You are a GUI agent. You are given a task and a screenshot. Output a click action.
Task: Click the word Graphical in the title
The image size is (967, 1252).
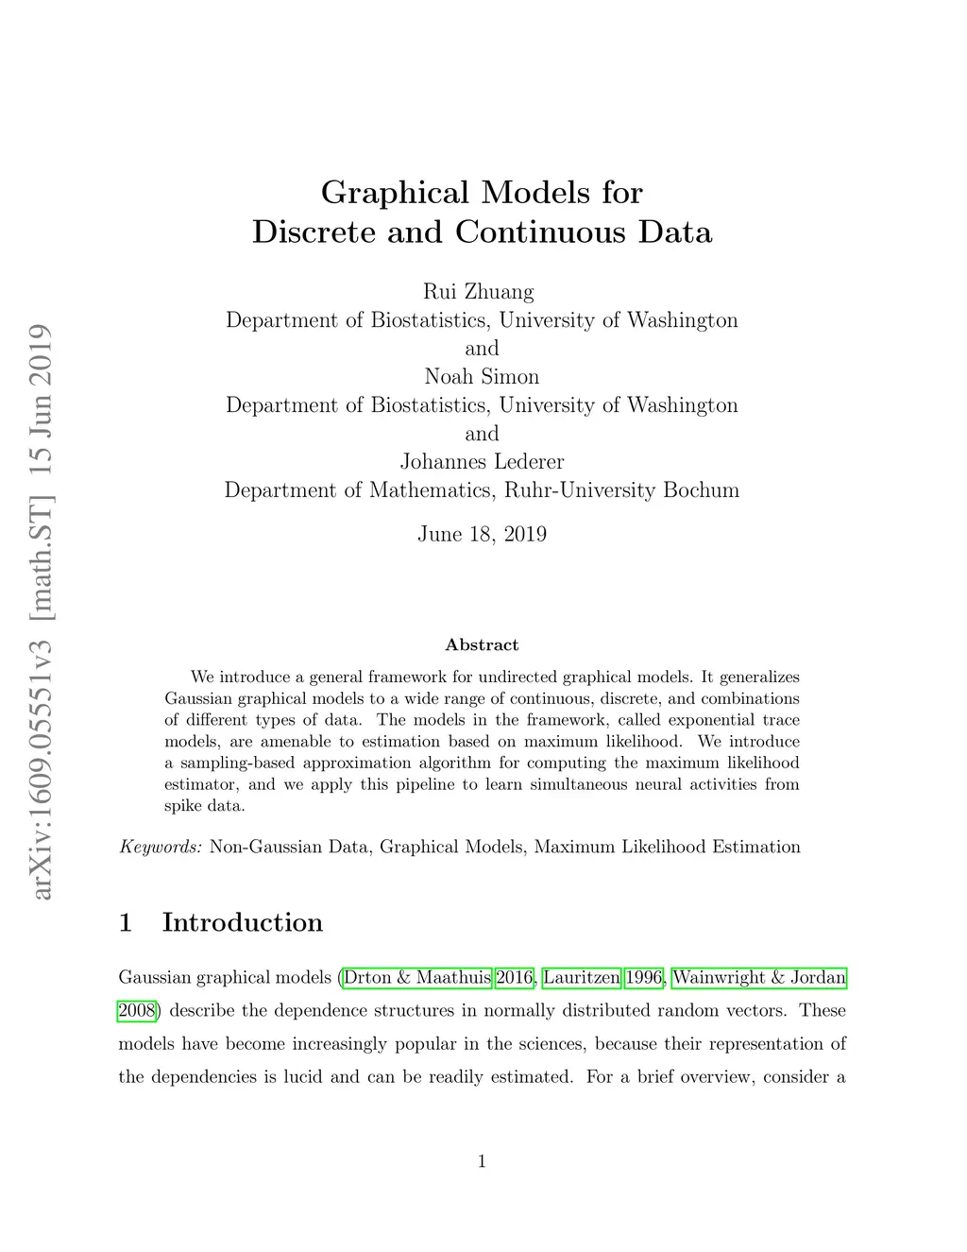[x=395, y=193]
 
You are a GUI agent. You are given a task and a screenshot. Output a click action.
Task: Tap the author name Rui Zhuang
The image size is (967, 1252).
[x=478, y=291]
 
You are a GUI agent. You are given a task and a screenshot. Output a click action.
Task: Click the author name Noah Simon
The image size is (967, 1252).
[x=482, y=376]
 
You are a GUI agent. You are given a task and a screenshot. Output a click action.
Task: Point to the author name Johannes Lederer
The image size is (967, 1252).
[x=482, y=461]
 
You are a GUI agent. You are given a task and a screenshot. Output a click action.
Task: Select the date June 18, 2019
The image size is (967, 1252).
[x=482, y=534]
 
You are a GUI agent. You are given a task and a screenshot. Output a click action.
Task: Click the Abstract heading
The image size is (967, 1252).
[x=482, y=644]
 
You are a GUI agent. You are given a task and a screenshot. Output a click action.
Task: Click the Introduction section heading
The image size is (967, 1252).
[x=242, y=922]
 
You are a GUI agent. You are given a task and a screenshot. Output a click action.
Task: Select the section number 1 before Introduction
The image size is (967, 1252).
[x=126, y=922]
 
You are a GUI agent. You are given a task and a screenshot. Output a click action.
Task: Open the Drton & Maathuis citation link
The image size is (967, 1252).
[x=416, y=977]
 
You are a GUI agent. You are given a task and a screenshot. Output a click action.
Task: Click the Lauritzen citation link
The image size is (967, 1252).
[x=582, y=977]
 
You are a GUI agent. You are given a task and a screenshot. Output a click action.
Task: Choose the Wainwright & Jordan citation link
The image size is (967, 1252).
[x=758, y=977]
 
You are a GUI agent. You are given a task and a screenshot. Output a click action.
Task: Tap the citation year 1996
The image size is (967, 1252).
[x=644, y=977]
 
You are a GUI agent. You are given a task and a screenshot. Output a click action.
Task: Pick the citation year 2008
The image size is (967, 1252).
[x=136, y=1010]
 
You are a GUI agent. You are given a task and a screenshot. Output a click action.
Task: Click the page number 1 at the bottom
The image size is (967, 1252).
[x=482, y=1161]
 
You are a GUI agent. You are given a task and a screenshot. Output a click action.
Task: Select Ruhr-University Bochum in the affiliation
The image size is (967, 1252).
[x=621, y=490]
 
